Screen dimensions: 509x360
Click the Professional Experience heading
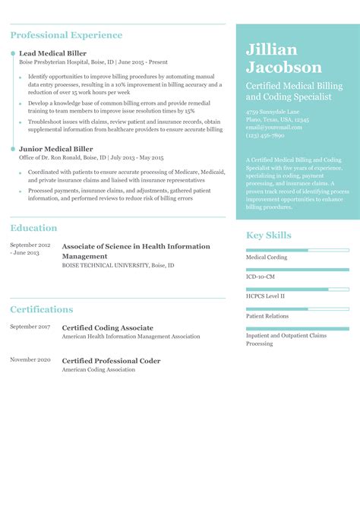click(66, 35)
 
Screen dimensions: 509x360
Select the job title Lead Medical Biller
click(52, 53)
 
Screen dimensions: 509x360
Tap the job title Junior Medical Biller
click(55, 150)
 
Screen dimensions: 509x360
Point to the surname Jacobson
click(283, 67)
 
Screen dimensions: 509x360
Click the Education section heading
click(33, 228)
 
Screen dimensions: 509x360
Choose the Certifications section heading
click(42, 310)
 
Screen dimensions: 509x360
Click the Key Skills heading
click(268, 236)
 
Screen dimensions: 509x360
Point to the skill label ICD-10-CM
click(261, 277)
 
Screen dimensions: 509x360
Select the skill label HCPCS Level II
click(265, 296)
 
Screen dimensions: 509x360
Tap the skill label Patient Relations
click(267, 316)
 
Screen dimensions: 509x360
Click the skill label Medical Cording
click(267, 258)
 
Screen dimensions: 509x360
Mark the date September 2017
click(30, 327)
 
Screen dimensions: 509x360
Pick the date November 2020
click(30, 359)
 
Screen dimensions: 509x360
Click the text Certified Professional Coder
click(111, 361)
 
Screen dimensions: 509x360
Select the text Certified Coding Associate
click(107, 327)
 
